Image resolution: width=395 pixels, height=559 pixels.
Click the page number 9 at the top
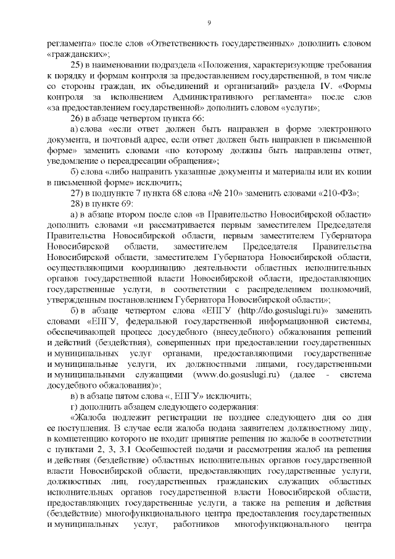[209, 23]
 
